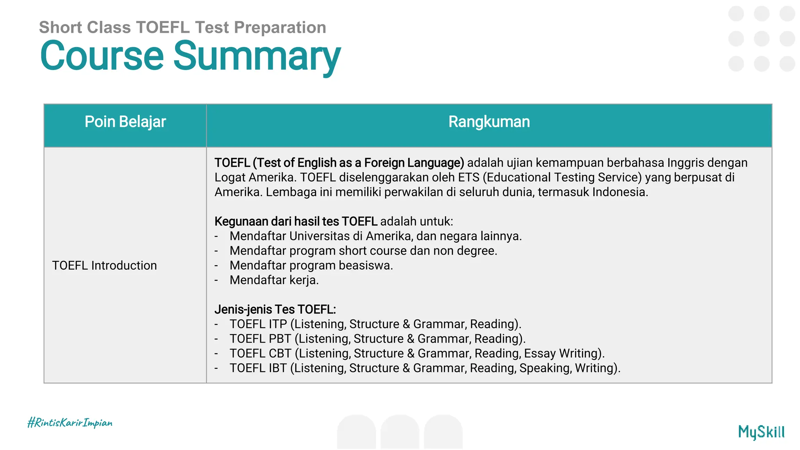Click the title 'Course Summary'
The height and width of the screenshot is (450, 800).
pos(190,57)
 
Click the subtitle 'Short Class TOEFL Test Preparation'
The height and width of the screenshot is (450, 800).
pos(182,27)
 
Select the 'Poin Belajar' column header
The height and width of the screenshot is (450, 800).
pos(125,122)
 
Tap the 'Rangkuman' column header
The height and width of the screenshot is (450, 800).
pos(489,122)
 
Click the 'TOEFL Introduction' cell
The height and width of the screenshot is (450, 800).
pos(104,266)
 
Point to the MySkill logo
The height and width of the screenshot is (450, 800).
pos(761,432)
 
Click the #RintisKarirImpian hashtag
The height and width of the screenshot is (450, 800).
pos(70,423)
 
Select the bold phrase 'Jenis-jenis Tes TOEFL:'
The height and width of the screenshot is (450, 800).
pos(275,309)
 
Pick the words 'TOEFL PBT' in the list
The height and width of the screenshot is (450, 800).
pos(260,339)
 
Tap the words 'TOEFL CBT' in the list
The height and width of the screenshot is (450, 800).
pos(260,354)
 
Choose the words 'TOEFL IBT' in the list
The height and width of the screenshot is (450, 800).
pos(258,368)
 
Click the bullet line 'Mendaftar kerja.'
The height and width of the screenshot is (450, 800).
pos(274,280)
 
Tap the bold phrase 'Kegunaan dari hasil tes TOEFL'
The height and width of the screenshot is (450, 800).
pos(296,221)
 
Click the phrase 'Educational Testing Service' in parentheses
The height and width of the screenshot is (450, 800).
pos(562,177)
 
